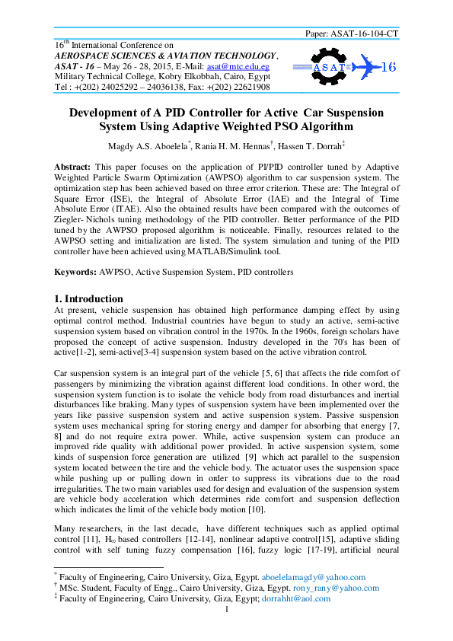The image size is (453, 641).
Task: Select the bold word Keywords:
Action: click(75, 271)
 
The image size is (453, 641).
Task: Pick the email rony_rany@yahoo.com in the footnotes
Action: click(320, 588)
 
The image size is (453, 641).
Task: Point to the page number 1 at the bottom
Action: click(227, 609)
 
